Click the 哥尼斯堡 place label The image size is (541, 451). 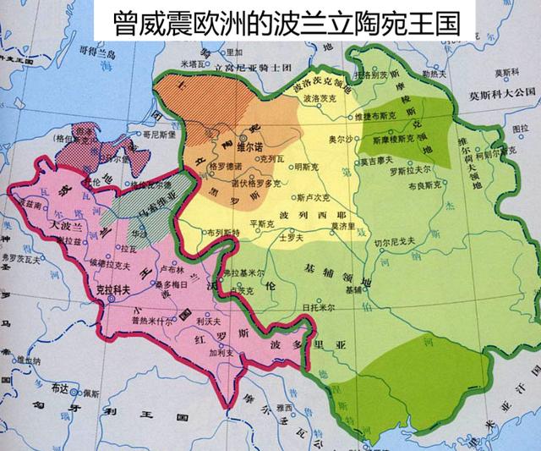point(158,134)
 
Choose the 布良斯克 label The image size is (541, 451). point(420,190)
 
